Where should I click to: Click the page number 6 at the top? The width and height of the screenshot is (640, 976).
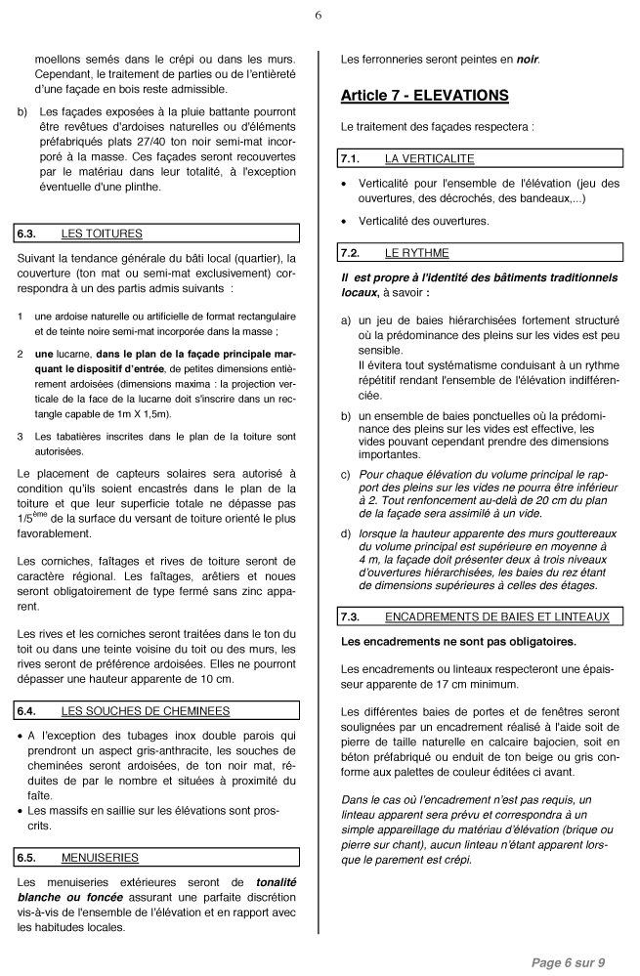319,16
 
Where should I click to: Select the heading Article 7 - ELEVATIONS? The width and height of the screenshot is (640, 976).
424,96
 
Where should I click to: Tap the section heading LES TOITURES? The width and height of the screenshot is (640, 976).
102,233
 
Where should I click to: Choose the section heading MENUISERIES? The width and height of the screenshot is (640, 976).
100,858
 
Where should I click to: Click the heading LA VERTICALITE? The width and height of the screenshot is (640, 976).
430,157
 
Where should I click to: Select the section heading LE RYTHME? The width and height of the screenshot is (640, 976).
417,253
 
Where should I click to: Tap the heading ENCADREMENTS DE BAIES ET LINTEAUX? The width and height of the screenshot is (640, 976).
497,616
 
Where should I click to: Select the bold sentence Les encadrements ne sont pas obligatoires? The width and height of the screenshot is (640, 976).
458,642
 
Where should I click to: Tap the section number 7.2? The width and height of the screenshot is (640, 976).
350,253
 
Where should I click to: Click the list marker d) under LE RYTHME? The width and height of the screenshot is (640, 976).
346,533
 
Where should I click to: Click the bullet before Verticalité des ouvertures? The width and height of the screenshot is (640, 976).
345,221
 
